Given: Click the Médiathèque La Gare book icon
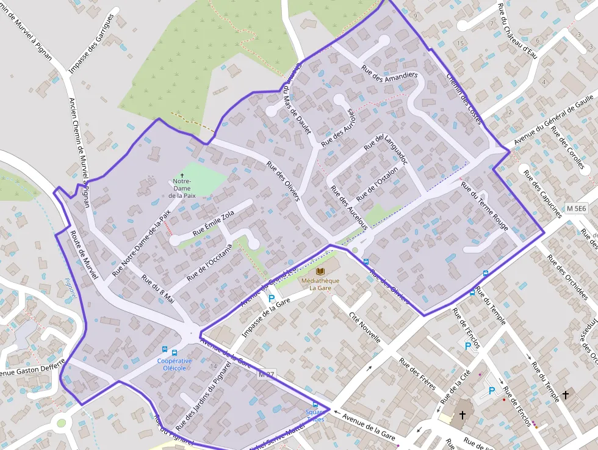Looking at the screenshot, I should pyautogui.click(x=321, y=271).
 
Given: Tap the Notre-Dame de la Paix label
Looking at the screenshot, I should pyautogui.click(x=181, y=188).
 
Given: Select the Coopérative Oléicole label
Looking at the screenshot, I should pyautogui.click(x=175, y=364).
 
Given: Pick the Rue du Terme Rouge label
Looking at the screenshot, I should pyautogui.click(x=485, y=206).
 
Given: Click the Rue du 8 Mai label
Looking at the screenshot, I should pyautogui.click(x=158, y=289).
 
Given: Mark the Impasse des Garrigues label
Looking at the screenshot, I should pyautogui.click(x=92, y=43).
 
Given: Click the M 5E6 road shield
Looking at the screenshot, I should pyautogui.click(x=576, y=208).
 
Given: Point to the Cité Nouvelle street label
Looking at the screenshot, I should pyautogui.click(x=365, y=327).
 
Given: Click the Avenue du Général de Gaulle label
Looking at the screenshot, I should pyautogui.click(x=553, y=118).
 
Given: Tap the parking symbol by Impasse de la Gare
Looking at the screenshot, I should pyautogui.click(x=271, y=299).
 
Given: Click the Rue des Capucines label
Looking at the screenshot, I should pyautogui.click(x=542, y=193).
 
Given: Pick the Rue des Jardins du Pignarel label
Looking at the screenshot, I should pyautogui.click(x=204, y=394).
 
